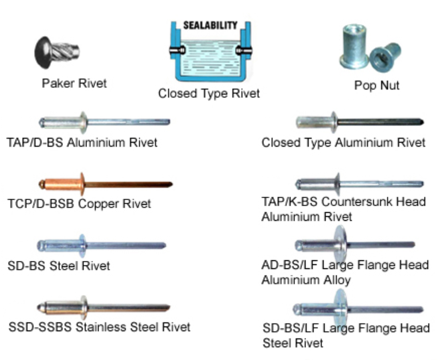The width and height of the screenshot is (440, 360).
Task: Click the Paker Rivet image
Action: (x=58, y=51)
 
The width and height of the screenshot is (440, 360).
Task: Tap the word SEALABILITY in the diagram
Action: (x=210, y=25)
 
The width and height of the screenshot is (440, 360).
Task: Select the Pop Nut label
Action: (x=376, y=86)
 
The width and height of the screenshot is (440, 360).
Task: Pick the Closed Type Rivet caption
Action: (x=209, y=94)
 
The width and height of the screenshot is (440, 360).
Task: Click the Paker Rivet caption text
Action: (x=74, y=84)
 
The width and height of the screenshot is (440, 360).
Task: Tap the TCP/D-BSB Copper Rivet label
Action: (x=79, y=203)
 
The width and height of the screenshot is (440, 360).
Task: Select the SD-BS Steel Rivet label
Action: (x=58, y=266)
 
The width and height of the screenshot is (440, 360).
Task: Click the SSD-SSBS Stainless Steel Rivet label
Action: (x=99, y=327)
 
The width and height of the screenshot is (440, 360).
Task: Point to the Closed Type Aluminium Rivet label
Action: (x=344, y=143)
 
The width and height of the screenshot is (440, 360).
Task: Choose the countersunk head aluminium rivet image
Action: (x=358, y=183)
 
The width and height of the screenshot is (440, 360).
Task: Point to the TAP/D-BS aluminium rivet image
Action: (x=104, y=122)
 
